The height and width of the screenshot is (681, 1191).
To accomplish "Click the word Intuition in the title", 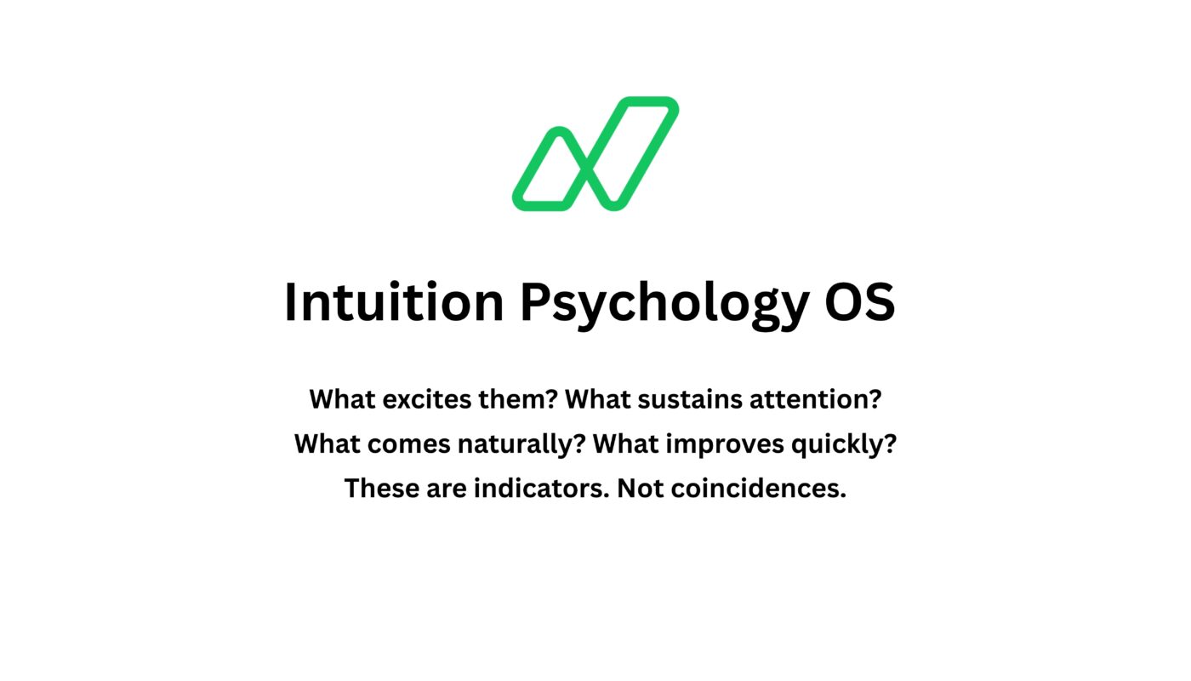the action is coord(394,302).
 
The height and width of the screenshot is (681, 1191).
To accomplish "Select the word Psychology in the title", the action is coord(664,306).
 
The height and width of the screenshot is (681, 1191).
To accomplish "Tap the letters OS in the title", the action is coord(860,301).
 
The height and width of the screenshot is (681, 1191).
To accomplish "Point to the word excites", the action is coord(427,399).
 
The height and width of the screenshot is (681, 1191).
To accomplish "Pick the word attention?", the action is coord(816,399).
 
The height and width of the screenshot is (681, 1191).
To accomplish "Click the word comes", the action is coord(409,444).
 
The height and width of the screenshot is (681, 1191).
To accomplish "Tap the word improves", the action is coord(725,444).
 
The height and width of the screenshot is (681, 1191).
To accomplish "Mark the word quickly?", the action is coord(844,444).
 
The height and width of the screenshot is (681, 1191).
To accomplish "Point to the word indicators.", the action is coord(542,488).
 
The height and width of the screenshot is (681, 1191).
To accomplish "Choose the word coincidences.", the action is coord(758,488).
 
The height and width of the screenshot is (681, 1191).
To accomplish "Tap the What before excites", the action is coord(342,399).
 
